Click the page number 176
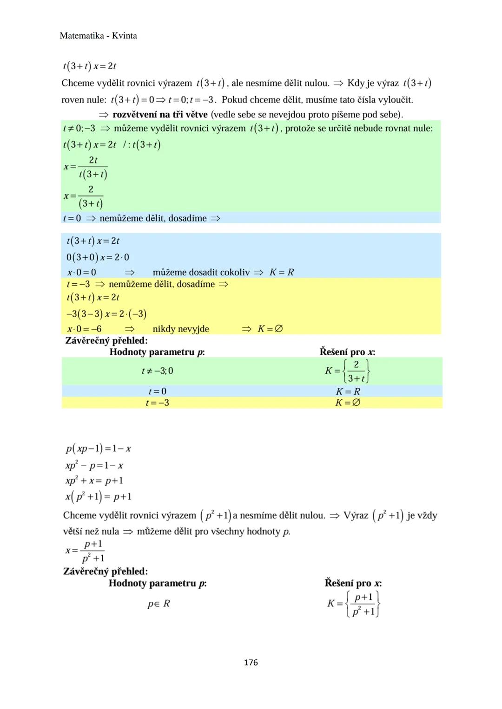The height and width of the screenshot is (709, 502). tap(251, 663)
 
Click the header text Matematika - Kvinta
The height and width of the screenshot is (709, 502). tap(98, 36)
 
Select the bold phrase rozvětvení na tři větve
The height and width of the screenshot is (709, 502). tap(160, 114)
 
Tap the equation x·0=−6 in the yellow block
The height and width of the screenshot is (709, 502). tap(84, 329)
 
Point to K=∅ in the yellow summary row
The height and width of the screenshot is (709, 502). tap(348, 403)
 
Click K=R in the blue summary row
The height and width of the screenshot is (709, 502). tap(348, 391)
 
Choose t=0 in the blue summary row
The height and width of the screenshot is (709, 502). tap(157, 391)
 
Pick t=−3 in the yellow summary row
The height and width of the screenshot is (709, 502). tap(157, 403)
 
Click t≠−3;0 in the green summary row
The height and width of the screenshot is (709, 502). tap(157, 371)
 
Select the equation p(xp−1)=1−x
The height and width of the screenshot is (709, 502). tap(98, 449)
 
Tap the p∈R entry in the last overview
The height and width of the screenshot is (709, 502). tap(159, 604)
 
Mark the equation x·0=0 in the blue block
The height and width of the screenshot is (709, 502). tap(81, 273)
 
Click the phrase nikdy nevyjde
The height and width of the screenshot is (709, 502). tap(181, 329)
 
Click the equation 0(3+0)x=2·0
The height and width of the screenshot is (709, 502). tap(98, 257)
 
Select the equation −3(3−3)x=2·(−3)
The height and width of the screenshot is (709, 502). tap(106, 314)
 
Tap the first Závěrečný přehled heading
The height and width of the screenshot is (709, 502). tap(106, 340)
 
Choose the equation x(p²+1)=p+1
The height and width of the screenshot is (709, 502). tap(98, 497)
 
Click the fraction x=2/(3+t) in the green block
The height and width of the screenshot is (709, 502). tap(84, 196)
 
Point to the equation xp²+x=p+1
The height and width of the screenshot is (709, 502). tap(94, 481)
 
